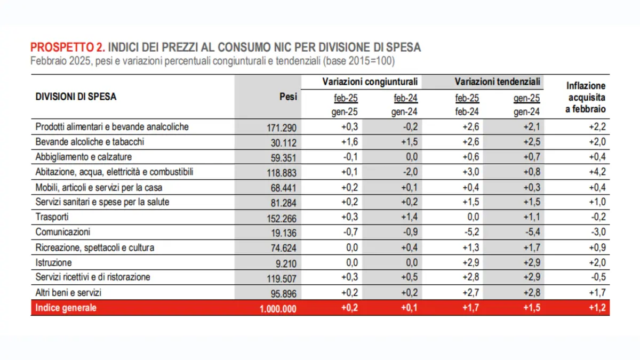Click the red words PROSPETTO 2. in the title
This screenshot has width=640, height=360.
pyautogui.click(x=68, y=47)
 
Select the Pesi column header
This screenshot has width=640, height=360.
pyautogui.click(x=288, y=97)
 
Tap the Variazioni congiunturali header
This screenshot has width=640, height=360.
pyautogui.click(x=370, y=82)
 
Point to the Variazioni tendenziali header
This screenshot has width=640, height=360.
pyautogui.click(x=498, y=82)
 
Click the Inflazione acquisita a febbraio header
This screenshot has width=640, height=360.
pyautogui.click(x=586, y=98)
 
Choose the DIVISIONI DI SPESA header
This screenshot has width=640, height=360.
pyautogui.click(x=76, y=97)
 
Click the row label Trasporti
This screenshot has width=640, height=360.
pyautogui.click(x=52, y=217)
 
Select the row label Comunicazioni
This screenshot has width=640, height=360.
pyautogui.click(x=62, y=231)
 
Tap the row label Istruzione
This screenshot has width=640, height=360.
pyautogui.click(x=53, y=262)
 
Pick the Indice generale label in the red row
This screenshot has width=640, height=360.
pyautogui.click(x=66, y=308)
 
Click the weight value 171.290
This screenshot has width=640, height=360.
pyautogui.click(x=282, y=127)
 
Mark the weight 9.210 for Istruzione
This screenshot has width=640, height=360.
pyautogui.click(x=286, y=263)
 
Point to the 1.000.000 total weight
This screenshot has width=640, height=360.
pyautogui.click(x=278, y=309)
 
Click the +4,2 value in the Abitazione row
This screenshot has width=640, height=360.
pyautogui.click(x=597, y=172)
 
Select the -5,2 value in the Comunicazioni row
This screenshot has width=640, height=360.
pyautogui.click(x=471, y=231)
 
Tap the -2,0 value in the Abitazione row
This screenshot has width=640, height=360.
pyautogui.click(x=410, y=172)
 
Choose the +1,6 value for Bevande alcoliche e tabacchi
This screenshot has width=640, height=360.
pyautogui.click(x=349, y=142)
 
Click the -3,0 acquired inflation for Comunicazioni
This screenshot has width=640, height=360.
pyautogui.click(x=598, y=231)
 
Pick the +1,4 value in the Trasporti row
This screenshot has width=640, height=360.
pyautogui.click(x=409, y=217)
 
